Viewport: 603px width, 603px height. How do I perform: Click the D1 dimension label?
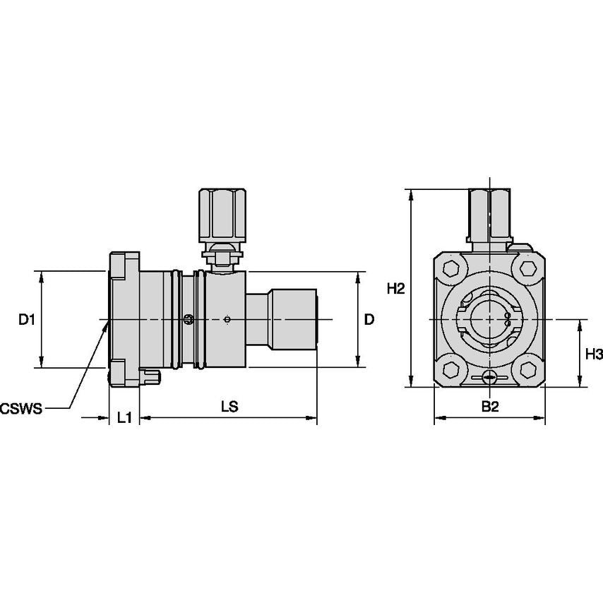point(26,320)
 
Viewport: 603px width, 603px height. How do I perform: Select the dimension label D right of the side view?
point(369,320)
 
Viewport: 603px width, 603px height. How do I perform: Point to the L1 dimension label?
point(124,418)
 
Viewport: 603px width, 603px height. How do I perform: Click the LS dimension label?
point(229,407)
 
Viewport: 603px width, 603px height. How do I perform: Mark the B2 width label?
point(490,407)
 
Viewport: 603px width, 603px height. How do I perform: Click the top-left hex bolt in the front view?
point(452,269)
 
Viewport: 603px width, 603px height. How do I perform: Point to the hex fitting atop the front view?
point(489,213)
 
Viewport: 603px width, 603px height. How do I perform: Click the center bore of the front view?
point(489,320)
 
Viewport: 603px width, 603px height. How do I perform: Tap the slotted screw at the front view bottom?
point(489,379)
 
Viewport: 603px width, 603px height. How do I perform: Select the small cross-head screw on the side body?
point(188,320)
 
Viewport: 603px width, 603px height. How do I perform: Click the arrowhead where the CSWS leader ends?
point(107,323)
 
